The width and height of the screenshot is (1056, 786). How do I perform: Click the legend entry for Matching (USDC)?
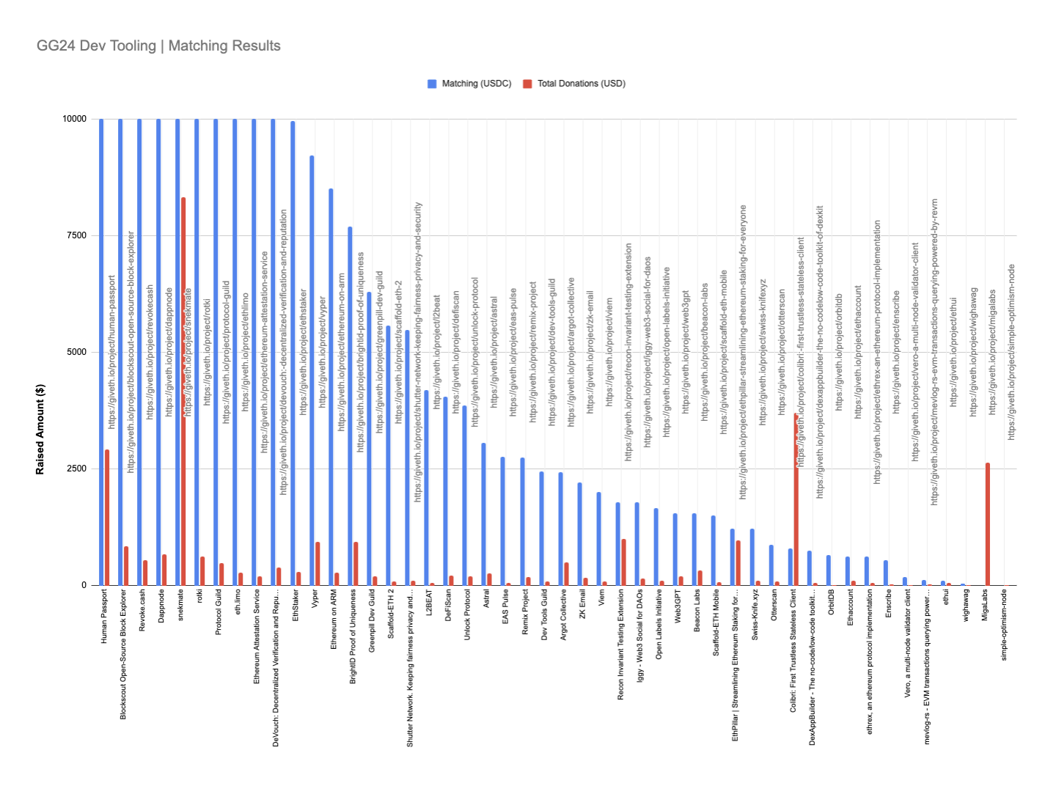[476, 84]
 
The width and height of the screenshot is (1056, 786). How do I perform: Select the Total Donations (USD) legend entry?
[581, 84]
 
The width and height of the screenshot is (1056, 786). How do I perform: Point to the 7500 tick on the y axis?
[76, 235]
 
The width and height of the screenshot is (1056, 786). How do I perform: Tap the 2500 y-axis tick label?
[76, 469]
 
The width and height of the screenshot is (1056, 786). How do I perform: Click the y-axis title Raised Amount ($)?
[40, 429]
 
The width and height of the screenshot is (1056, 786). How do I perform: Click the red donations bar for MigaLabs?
[988, 524]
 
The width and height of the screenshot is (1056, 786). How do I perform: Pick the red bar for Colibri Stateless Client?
[796, 499]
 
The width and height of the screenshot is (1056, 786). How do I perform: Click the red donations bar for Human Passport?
[107, 518]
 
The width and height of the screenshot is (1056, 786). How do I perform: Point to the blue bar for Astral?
[483, 514]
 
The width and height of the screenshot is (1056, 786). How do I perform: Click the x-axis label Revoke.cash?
[142, 610]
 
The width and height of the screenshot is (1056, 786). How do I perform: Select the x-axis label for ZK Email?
[583, 605]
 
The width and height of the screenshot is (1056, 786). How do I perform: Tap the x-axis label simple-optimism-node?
[1004, 625]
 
